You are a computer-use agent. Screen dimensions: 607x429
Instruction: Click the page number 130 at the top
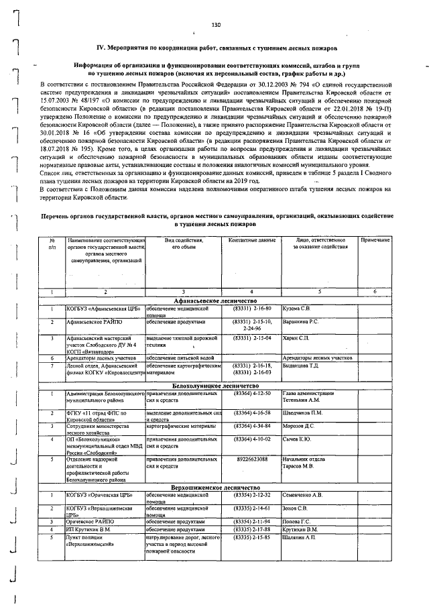click(x=215, y=25)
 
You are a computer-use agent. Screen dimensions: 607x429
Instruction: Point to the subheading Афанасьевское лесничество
click(x=222, y=300)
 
